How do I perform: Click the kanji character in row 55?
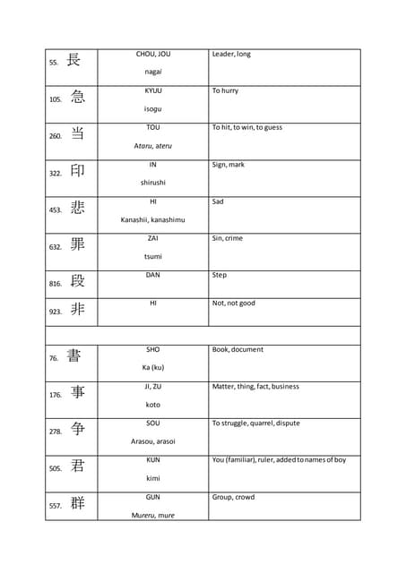73,61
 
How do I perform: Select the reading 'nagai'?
153,72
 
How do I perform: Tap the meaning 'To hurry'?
225,91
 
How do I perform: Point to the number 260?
56,137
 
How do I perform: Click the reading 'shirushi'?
153,183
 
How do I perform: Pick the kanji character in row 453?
77,208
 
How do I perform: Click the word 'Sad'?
218,201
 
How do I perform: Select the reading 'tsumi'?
153,256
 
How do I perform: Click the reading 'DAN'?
153,275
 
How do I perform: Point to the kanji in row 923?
77,310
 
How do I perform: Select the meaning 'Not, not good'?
234,303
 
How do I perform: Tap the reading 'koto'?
153,405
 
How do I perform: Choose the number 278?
56,432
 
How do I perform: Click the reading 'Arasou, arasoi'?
153,441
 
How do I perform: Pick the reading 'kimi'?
153,478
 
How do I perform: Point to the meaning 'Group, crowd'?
233,497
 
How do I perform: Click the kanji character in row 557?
77,503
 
